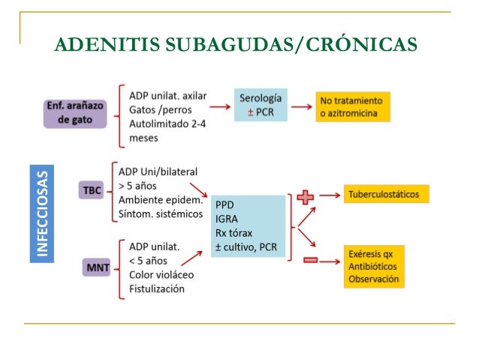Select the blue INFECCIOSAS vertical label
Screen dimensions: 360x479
45,212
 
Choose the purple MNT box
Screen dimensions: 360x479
99,265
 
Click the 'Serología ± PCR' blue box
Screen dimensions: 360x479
261,105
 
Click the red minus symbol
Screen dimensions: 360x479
310,261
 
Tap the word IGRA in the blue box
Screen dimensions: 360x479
227,219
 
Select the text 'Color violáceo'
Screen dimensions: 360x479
161,275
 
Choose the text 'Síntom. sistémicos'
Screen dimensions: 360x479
160,213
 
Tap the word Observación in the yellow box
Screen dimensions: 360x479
374,280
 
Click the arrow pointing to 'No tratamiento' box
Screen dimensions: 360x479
302,106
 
